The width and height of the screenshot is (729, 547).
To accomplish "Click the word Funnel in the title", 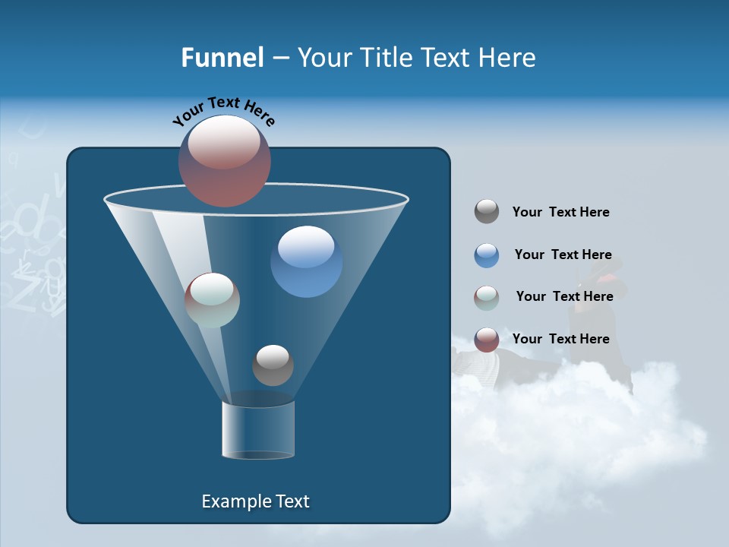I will (222, 58).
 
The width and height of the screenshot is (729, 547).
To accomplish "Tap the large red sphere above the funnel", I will (225, 160).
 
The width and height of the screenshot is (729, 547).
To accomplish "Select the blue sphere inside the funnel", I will (306, 261).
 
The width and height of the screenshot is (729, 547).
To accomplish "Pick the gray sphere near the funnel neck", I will (273, 365).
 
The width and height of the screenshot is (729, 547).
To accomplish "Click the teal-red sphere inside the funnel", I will (212, 300).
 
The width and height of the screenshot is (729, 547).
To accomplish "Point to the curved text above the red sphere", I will (223, 110).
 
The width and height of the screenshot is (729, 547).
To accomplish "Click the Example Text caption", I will (255, 501).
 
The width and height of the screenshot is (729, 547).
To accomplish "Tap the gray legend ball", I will (487, 212).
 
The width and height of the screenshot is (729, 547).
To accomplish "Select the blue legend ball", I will (487, 255).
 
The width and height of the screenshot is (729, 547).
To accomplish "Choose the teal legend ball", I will (487, 298).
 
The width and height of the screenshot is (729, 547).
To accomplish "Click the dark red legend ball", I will (487, 340).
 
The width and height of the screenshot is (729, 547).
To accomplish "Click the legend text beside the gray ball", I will (560, 212).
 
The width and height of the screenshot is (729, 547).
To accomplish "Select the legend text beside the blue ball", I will (563, 255).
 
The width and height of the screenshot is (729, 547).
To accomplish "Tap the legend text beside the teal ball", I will (564, 296).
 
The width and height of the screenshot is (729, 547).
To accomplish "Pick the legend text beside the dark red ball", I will (560, 339).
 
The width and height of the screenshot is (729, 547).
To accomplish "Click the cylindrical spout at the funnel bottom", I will (258, 430).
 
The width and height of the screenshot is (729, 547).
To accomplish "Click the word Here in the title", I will (508, 58).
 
